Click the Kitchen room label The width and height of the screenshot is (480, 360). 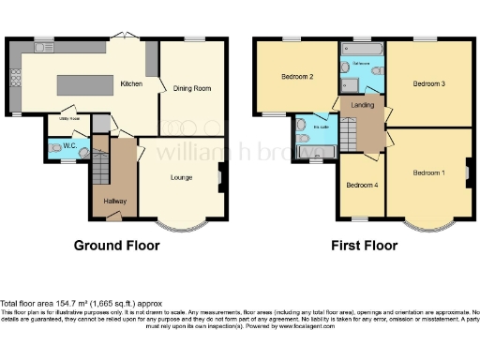[131, 83]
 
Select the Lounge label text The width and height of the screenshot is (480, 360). [182, 175]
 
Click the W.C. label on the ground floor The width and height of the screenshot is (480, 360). [67, 145]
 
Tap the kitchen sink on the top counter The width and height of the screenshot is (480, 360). [43, 47]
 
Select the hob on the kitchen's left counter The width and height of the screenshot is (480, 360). [14, 78]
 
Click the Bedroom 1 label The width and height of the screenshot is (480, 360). [428, 172]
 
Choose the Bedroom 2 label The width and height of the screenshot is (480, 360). [296, 77]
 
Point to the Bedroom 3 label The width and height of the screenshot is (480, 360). [428, 83]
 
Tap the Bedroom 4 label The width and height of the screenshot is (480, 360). [361, 185]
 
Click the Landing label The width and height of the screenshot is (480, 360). [363, 105]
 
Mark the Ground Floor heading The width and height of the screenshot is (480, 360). [116, 246]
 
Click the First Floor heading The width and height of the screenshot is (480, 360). [364, 246]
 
